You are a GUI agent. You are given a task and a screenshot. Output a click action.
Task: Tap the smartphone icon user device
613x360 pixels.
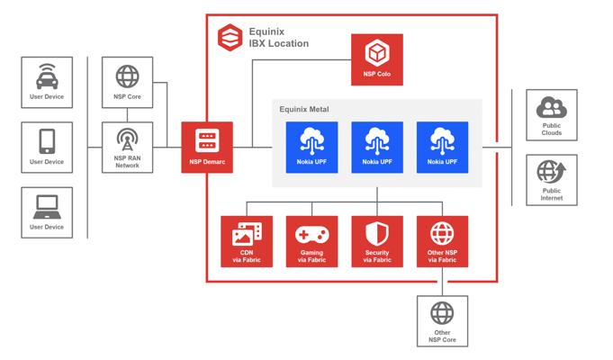point(47,146)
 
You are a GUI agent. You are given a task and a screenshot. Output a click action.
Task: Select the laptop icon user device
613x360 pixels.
point(47,211)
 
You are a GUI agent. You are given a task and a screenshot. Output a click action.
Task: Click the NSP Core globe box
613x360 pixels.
point(128,82)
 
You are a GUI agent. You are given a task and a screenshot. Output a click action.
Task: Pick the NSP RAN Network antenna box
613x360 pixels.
point(128,147)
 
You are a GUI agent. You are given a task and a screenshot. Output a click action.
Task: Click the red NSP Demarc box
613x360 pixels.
point(207,147)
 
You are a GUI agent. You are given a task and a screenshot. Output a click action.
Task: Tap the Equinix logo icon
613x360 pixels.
point(230,37)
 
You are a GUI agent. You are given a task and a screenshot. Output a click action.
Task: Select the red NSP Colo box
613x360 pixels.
point(377,60)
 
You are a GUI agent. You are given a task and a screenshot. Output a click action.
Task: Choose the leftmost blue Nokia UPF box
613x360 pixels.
point(311,147)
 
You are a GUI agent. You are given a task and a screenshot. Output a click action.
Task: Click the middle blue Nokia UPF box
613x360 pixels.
point(377,147)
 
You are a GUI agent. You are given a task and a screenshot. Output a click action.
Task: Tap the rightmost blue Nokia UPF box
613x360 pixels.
point(442,147)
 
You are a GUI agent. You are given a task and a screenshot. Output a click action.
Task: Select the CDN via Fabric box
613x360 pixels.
point(247,240)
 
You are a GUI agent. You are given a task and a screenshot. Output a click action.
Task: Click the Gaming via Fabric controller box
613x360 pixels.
point(311,240)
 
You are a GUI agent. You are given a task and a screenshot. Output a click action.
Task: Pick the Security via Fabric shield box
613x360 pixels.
point(377,240)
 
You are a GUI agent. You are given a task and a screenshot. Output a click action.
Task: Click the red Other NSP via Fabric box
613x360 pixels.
point(442,240)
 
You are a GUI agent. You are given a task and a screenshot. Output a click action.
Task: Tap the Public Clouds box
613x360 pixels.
point(551,114)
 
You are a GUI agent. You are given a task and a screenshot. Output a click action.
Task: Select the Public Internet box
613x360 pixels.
point(551,179)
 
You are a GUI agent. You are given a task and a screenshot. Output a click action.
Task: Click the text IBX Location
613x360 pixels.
point(278,43)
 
